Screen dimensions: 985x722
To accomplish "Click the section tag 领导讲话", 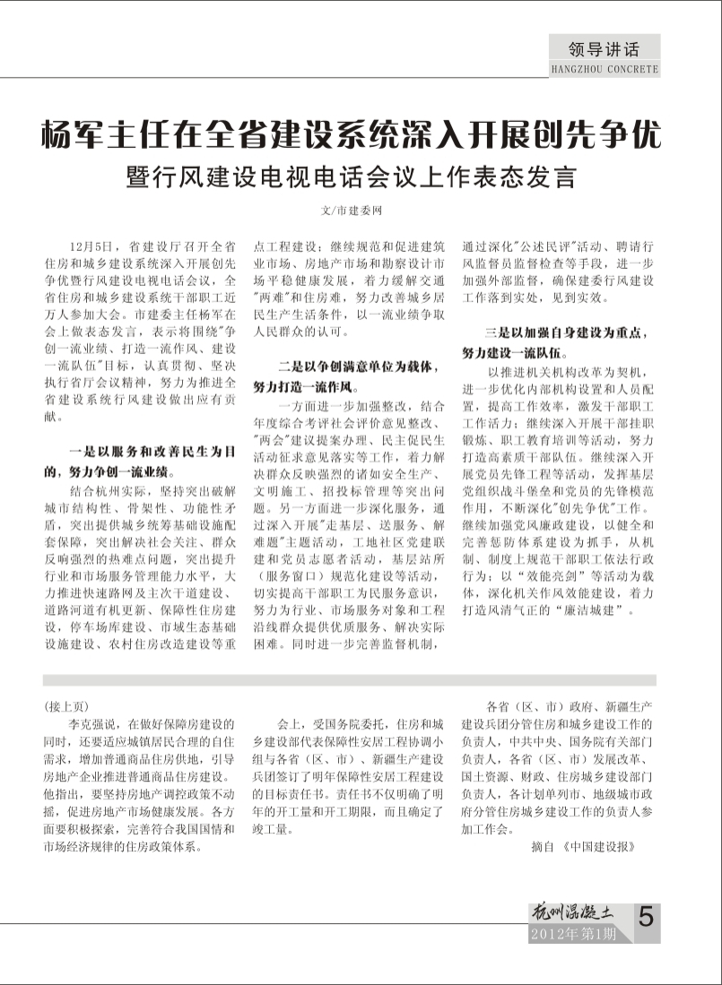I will (x=604, y=49).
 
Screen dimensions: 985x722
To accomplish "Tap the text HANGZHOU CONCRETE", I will (x=604, y=69).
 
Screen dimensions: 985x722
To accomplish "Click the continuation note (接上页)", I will (x=67, y=705).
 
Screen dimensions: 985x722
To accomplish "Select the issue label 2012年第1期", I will (x=574, y=936).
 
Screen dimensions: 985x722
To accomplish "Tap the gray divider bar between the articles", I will (x=350, y=680).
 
